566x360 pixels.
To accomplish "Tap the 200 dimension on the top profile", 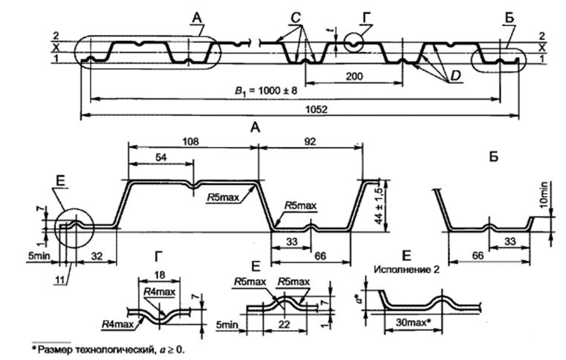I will [354, 76].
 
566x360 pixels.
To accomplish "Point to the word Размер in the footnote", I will [53, 347].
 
